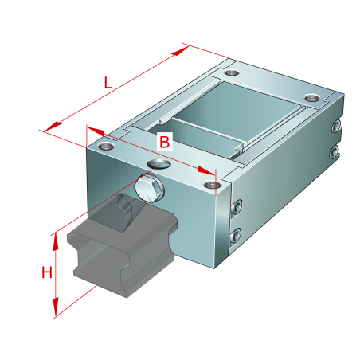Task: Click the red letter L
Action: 108,83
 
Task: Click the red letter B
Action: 165,142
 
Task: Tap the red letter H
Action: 47,272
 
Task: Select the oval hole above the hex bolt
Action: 158,164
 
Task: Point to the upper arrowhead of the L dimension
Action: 180,50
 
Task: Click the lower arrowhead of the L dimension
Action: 53,127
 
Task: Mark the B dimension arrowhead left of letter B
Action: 96,131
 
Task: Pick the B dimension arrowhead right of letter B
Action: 206,170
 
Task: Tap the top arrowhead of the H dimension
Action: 55,241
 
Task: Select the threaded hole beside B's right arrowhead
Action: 212,185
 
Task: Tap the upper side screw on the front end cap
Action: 237,206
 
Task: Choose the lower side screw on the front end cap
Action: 235,235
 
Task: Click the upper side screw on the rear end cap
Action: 336,126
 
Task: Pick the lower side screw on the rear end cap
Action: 335,151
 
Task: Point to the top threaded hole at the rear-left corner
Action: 232,72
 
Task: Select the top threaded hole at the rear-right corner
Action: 312,98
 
